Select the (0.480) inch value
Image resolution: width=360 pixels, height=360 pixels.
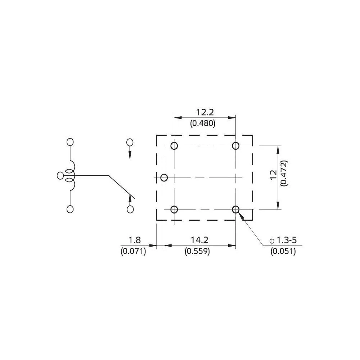(203, 123)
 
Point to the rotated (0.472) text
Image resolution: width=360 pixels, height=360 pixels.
(284, 173)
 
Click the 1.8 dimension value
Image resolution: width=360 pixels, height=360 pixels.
(134, 240)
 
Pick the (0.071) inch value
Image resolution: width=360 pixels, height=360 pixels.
(134, 252)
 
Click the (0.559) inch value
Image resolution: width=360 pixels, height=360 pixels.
(197, 252)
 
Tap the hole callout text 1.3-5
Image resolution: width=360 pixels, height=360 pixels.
(286, 240)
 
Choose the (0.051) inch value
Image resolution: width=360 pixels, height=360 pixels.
(283, 252)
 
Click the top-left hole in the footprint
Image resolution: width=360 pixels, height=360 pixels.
(174, 146)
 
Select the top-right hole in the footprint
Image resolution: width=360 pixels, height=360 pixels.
(236, 146)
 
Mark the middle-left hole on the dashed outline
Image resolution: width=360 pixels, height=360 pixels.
(164, 177)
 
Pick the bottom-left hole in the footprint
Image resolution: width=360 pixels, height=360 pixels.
(174, 210)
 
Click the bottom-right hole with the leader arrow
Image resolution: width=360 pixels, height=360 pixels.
(236, 210)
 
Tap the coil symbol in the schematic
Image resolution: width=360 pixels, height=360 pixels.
(71, 176)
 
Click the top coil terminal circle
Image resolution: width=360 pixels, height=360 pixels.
(70, 142)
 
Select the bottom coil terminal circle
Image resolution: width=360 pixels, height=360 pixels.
(70, 209)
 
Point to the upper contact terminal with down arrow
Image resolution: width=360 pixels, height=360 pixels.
(130, 142)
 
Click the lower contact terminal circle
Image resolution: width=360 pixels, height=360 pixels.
(130, 209)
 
